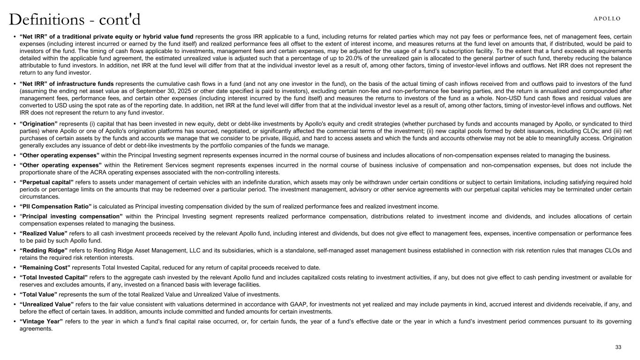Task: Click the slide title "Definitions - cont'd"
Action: (x=75, y=20)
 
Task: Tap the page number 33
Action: (x=618, y=347)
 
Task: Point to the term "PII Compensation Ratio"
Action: (x=56, y=206)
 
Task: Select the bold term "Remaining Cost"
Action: (x=45, y=268)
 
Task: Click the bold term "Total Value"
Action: (x=38, y=294)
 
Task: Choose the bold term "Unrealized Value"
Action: (x=47, y=304)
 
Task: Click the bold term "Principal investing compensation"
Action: (x=72, y=217)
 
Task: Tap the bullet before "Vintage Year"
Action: (x=15, y=322)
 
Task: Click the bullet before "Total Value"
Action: (x=15, y=294)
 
